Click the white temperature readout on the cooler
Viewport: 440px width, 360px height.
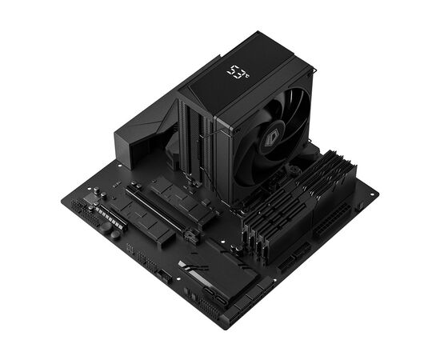(x=238, y=74)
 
